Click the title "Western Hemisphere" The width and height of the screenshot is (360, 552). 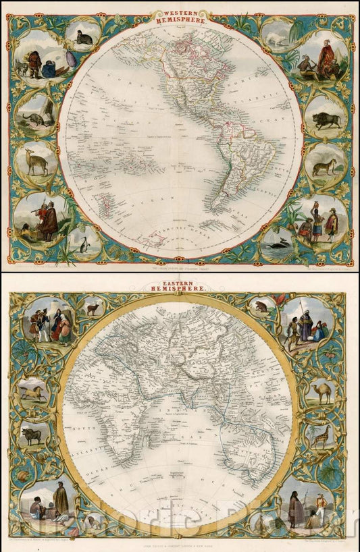(x=180, y=16)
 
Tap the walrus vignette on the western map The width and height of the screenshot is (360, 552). (x=83, y=38)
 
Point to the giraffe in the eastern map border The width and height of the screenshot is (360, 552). (x=319, y=437)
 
